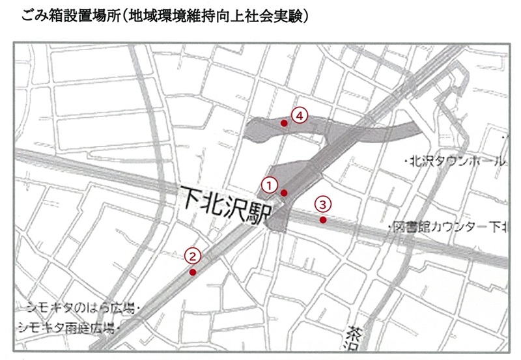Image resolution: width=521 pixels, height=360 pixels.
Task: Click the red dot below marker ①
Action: click(x=284, y=193)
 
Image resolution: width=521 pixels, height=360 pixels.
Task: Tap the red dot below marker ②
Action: click(x=192, y=272)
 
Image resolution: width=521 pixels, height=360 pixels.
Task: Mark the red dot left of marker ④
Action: click(x=283, y=122)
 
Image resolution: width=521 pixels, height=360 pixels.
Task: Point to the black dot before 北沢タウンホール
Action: click(x=405, y=161)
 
